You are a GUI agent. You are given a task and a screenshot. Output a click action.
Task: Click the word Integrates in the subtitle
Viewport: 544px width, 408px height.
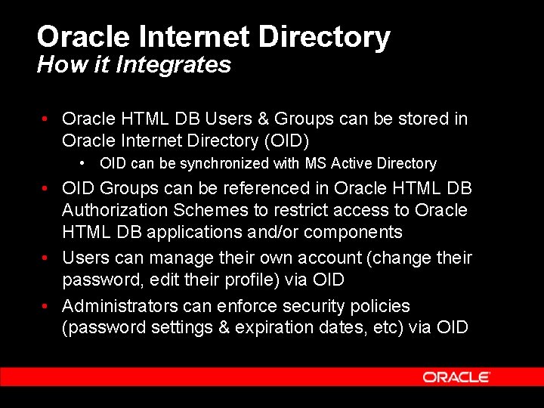tap(181, 65)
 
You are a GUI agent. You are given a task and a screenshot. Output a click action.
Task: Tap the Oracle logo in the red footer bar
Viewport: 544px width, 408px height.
tap(456, 376)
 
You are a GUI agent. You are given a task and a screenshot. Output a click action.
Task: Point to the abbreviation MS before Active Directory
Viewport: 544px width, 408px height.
tap(314, 163)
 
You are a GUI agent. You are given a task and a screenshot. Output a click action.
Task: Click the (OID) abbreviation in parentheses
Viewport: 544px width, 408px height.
tap(284, 141)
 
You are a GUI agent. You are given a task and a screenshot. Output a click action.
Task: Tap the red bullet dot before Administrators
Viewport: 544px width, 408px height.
tap(47, 305)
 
